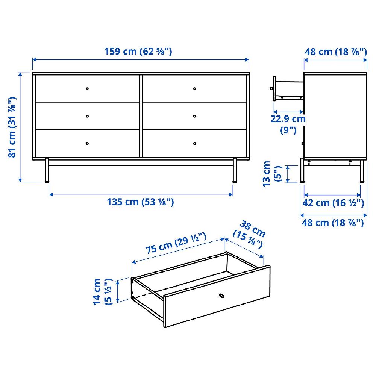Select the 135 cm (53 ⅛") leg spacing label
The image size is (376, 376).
pos(140,202)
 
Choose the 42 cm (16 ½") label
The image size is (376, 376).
pos(333,203)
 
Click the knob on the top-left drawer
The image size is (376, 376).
pos(87,89)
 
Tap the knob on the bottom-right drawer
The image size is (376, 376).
pos(194,143)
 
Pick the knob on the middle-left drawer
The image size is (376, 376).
pos(87,116)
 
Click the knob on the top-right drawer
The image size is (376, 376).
pos(194,89)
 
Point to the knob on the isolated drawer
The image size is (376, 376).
pos(221,296)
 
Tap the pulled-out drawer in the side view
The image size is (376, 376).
pos(288,89)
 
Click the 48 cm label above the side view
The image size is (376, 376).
pos(335,52)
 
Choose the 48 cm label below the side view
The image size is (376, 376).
pos(333,223)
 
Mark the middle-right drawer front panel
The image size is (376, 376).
pos(194,116)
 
